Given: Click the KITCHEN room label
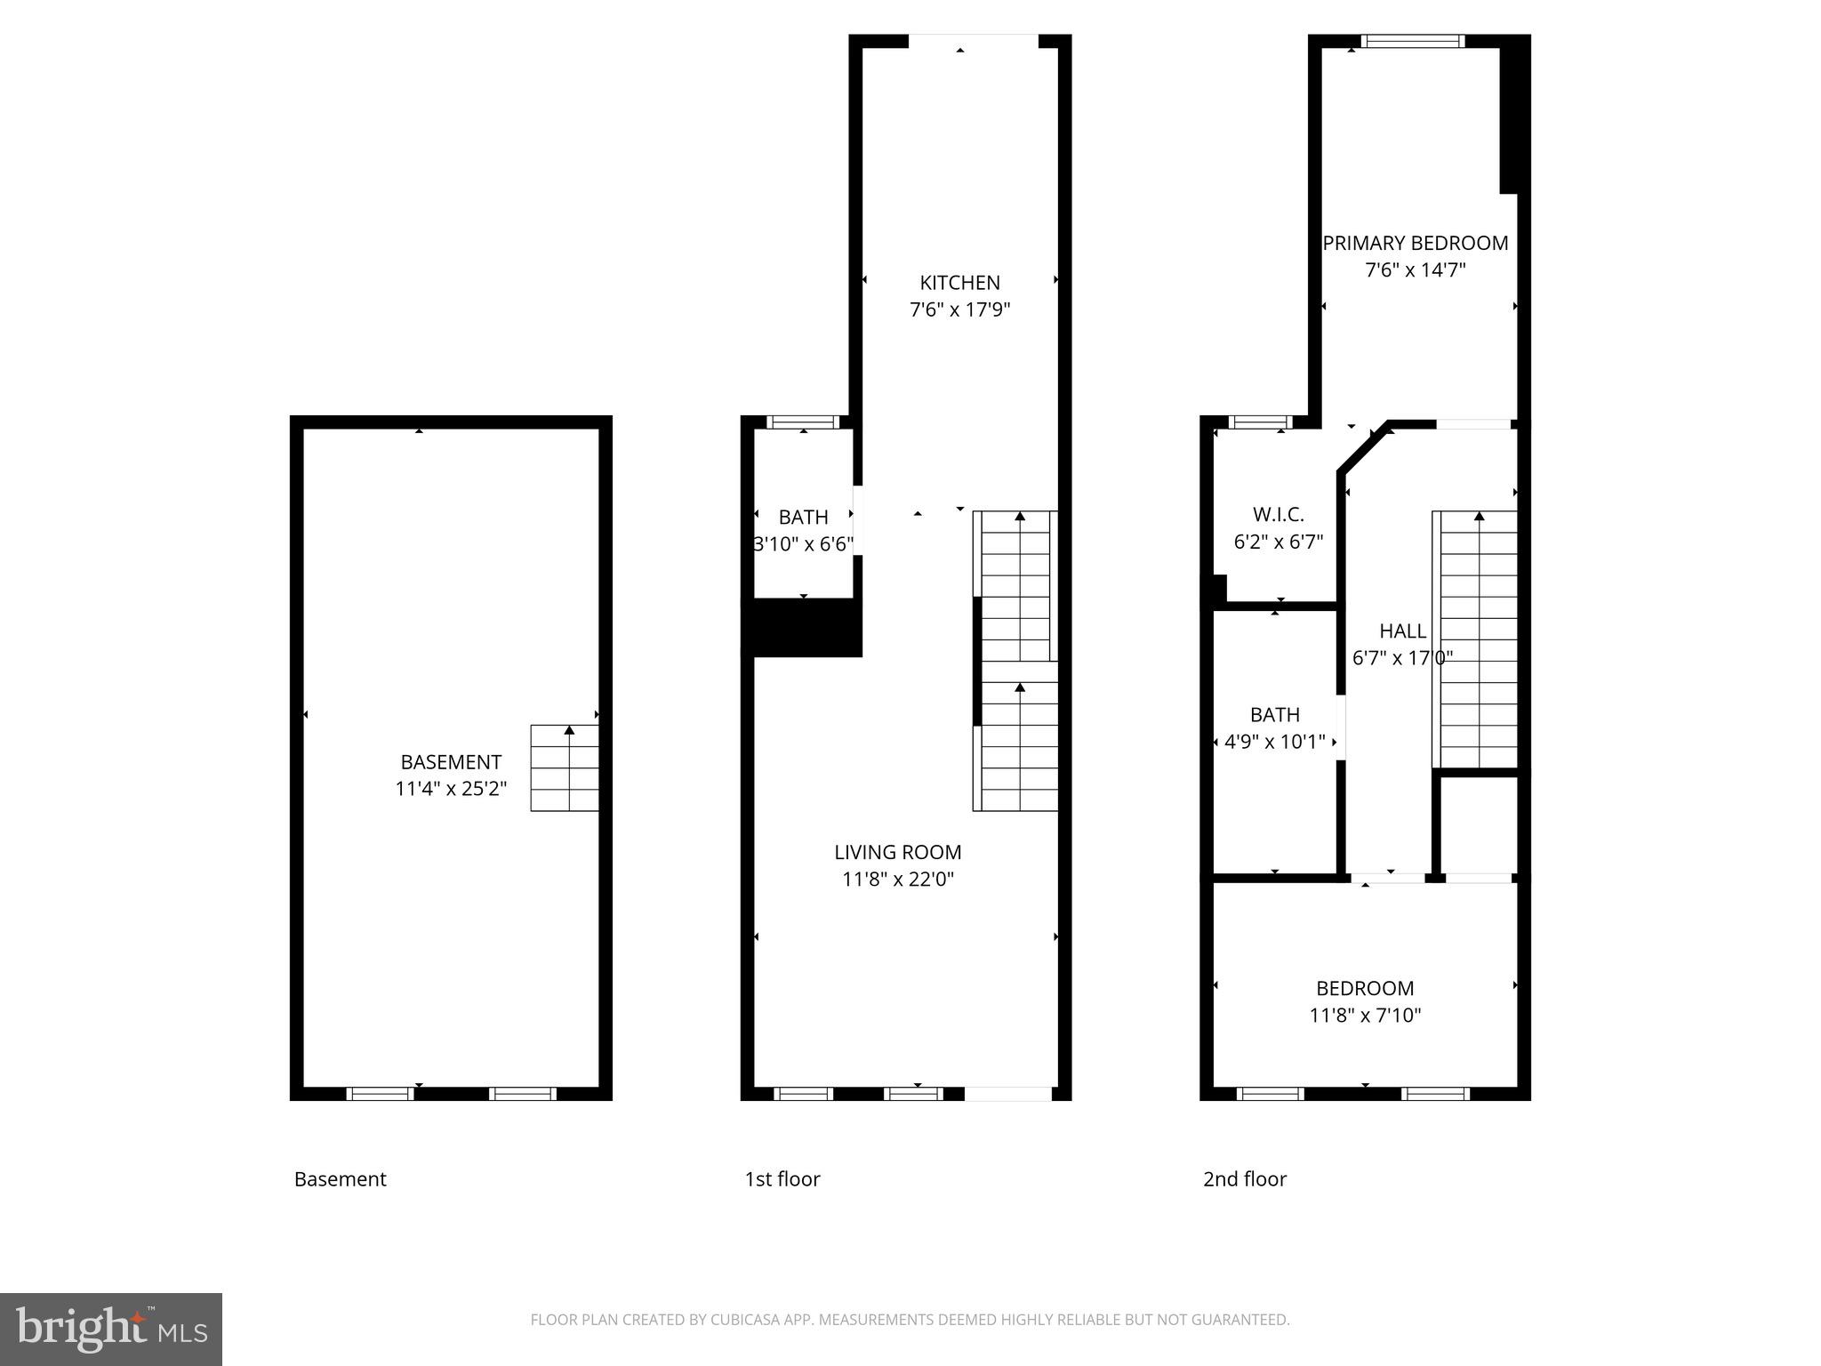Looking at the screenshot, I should (x=959, y=283).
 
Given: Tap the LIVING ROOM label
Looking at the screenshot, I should (x=897, y=852).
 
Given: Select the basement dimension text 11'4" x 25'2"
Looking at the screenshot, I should (x=451, y=789).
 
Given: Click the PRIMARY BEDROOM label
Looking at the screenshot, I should (x=1415, y=243).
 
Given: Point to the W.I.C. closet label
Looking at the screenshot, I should (x=1278, y=514).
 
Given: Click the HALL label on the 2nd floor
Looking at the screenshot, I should (x=1402, y=631).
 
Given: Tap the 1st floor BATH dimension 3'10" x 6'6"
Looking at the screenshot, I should (x=803, y=544).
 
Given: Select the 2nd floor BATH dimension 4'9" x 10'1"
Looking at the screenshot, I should (x=1274, y=742).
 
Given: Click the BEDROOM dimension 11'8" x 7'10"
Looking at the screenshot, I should (x=1365, y=1015).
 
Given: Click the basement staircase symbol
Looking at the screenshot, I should (x=565, y=767).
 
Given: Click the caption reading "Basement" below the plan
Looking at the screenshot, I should (x=340, y=1179).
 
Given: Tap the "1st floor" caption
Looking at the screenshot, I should (x=782, y=1179).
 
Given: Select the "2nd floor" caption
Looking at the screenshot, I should (x=1244, y=1179).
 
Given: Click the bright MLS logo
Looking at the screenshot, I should (x=110, y=1329).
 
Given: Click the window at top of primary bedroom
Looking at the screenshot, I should (x=1413, y=41).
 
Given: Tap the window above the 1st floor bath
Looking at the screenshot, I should (x=803, y=422).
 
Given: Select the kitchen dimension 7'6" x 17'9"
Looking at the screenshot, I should (x=959, y=310).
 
